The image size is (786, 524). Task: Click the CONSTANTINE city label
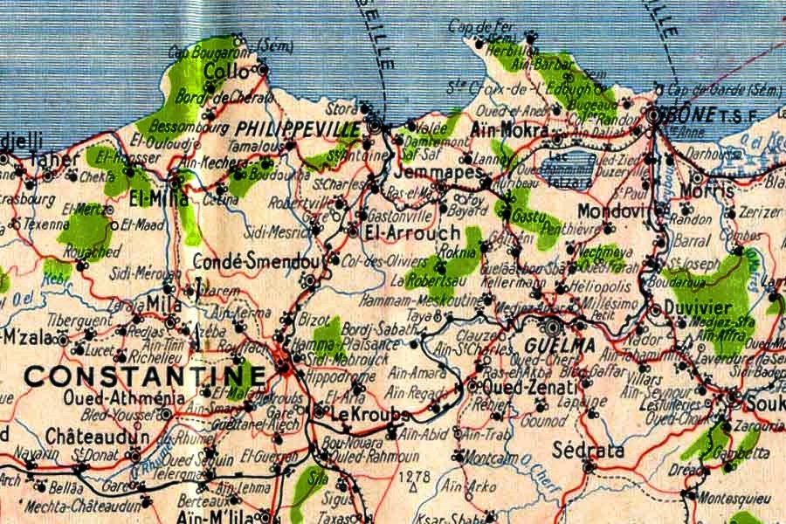(x=144, y=376)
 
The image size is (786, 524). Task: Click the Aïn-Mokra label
(x=508, y=131)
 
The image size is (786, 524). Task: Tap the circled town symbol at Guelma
(x=552, y=327)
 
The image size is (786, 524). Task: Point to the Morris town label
(x=706, y=190)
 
